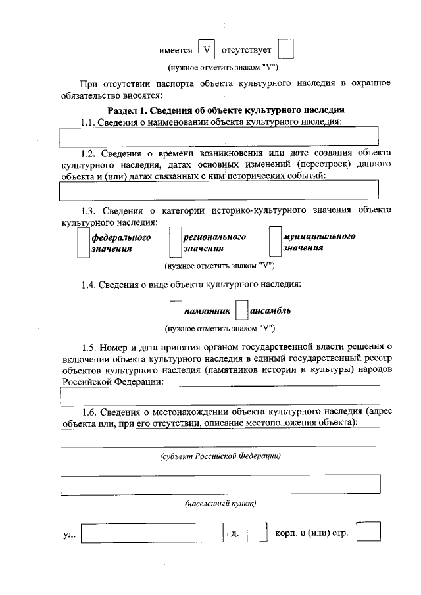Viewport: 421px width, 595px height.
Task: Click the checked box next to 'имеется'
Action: tap(208, 50)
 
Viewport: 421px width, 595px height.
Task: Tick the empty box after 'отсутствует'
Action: tap(285, 50)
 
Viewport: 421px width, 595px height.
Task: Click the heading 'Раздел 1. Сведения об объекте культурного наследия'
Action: tap(226, 110)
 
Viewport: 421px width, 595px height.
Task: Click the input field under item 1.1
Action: tap(219, 135)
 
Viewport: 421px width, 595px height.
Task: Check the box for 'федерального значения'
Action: tap(83, 243)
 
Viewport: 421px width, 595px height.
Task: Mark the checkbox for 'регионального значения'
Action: tap(175, 243)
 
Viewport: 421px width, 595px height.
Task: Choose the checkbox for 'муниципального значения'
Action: tap(275, 242)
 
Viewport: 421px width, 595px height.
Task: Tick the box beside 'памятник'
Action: tap(175, 310)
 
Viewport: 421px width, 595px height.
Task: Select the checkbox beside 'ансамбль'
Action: tap(241, 310)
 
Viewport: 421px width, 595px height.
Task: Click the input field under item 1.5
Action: tap(219, 396)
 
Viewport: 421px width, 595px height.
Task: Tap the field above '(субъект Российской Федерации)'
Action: tap(219, 437)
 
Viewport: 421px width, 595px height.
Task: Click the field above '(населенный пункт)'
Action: tap(219, 485)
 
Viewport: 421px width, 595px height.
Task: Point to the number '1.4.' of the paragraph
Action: tap(89, 285)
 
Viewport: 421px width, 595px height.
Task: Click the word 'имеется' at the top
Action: tap(176, 51)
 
